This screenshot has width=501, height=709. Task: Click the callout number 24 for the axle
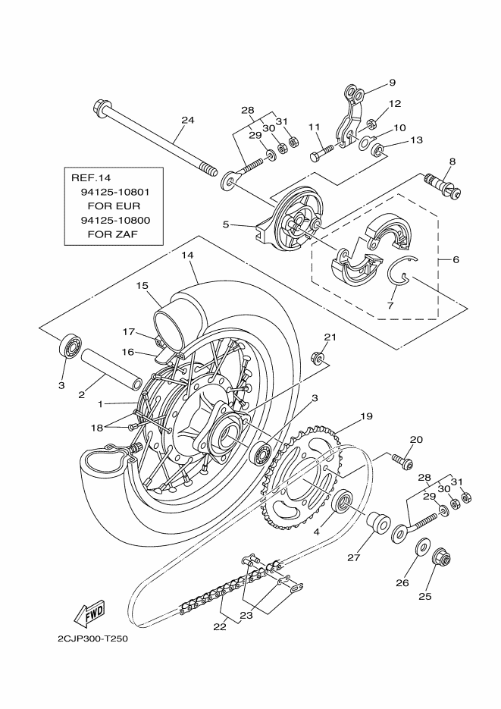coord(188,120)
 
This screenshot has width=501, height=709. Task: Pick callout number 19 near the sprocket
coord(366,416)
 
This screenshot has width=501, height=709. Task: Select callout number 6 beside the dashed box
coord(456,259)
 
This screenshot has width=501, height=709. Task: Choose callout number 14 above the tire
coord(188,257)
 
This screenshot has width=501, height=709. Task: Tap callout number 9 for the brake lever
coord(392,83)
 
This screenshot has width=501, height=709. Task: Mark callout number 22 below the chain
coord(220,626)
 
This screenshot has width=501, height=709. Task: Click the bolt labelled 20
coord(402,460)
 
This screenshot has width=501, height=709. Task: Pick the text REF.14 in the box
coord(86,178)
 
